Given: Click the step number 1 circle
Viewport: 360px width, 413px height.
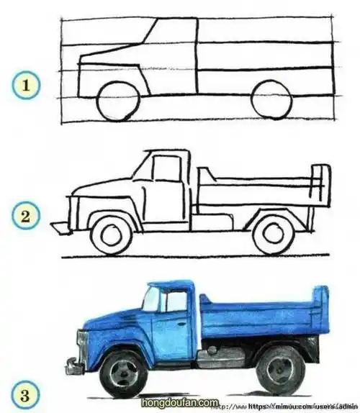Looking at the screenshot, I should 26,87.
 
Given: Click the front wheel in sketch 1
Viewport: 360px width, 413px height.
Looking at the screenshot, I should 117,99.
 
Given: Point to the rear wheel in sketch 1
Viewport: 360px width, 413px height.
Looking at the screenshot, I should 272,99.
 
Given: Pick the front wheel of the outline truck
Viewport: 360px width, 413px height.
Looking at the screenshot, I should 112,233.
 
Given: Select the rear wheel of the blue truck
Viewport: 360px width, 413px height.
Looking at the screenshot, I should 279,370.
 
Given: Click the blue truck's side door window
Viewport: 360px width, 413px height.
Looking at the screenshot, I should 176,301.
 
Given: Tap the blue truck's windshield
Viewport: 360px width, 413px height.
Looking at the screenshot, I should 151,299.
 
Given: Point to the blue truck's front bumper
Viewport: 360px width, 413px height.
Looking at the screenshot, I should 73,367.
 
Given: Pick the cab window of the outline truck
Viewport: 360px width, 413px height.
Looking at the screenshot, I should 167,168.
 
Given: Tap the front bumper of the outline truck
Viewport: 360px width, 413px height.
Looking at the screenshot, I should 59,227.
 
